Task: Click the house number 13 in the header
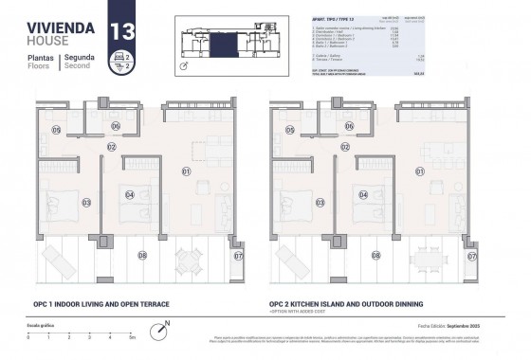(x=122, y=29)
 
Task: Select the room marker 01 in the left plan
(x=187, y=171)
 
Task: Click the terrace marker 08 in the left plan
(x=142, y=254)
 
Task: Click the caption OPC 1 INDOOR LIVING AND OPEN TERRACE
(x=95, y=304)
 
